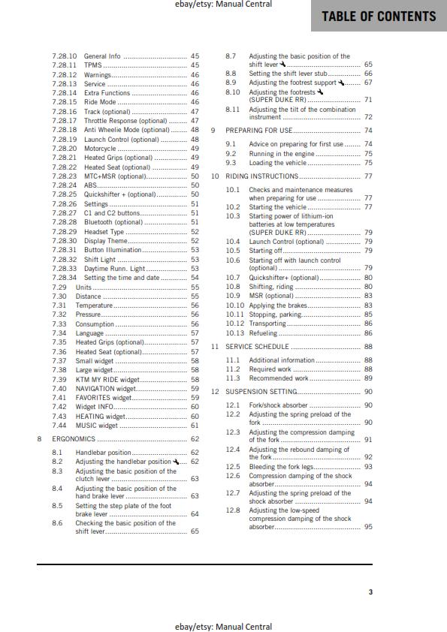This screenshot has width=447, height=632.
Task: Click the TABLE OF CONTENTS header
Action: [379, 17]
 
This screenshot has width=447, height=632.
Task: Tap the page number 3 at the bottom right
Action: [370, 592]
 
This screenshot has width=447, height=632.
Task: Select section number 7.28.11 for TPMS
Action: [65, 65]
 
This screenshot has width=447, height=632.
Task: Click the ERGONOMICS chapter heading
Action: [74, 438]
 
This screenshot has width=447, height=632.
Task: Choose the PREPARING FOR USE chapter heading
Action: [258, 130]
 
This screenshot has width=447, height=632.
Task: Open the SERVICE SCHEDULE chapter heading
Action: [258, 347]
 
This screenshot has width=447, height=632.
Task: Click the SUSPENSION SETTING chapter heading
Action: [261, 392]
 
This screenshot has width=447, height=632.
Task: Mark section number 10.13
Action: [235, 333]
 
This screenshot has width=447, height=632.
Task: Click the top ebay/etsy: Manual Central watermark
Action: [222, 5]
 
